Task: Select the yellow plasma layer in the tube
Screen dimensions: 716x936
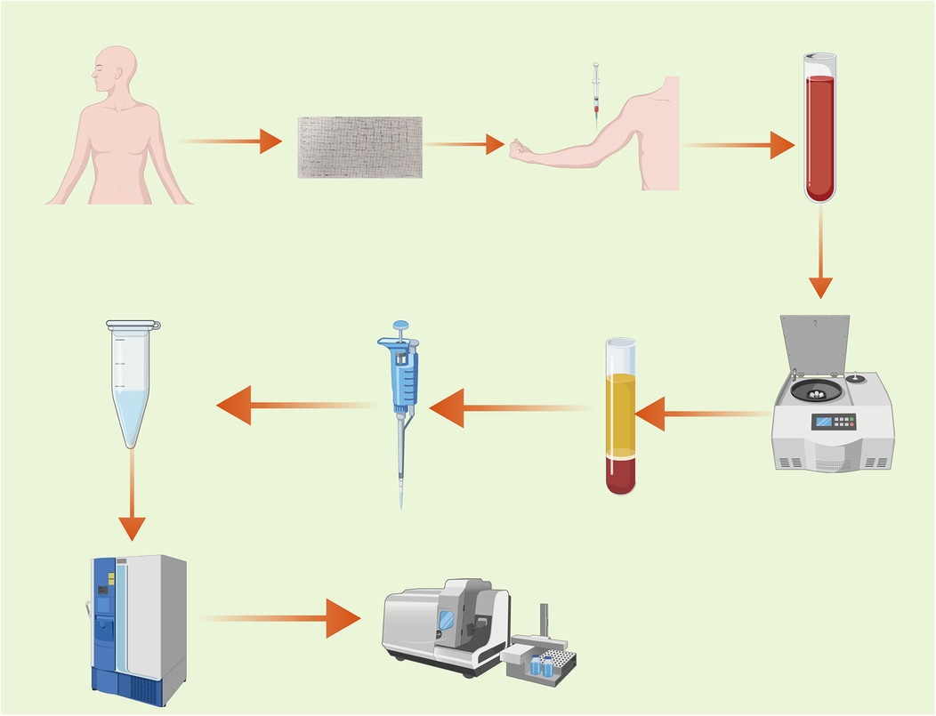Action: pyautogui.click(x=620, y=414)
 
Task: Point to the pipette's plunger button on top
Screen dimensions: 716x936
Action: pyautogui.click(x=401, y=326)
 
